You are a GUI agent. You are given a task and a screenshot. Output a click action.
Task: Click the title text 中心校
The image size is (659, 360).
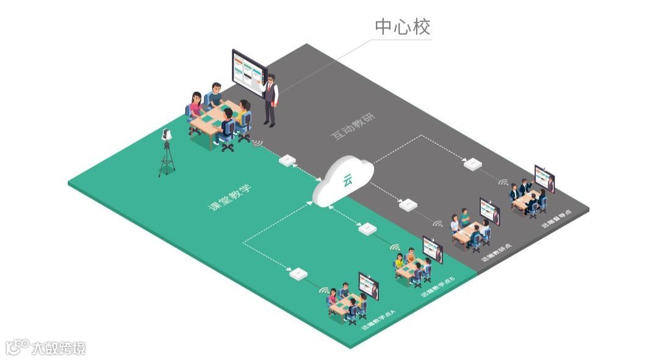(x=403, y=27)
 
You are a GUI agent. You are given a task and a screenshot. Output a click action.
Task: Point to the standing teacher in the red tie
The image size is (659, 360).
(x=270, y=100)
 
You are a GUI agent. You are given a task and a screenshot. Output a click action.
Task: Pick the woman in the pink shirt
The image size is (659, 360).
(x=196, y=106)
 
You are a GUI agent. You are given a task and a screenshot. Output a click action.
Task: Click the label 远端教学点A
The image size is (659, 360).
(x=378, y=319)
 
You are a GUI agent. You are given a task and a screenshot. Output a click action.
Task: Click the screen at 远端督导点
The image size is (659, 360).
(x=545, y=178)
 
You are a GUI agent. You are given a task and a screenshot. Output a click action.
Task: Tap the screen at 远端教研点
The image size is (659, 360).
(x=489, y=211)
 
